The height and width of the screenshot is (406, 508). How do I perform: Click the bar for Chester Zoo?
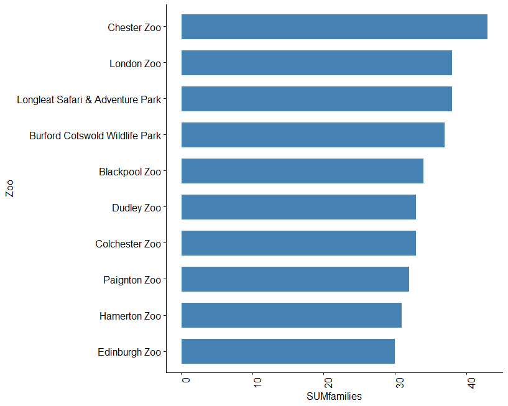(x=334, y=27)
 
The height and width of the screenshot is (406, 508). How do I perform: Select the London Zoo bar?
(x=316, y=63)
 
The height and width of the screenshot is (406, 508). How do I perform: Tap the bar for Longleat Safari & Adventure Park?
(x=316, y=99)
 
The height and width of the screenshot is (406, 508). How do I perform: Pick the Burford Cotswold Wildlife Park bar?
(x=313, y=135)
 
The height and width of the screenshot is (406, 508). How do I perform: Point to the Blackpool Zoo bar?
(x=302, y=171)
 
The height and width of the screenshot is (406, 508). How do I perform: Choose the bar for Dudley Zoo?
(x=298, y=207)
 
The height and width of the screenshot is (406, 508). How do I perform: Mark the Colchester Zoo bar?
(x=298, y=243)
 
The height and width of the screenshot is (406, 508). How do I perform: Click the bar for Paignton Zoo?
(x=295, y=279)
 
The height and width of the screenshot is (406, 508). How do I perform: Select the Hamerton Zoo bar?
(x=291, y=315)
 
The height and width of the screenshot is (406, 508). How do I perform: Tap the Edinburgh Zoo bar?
(x=288, y=351)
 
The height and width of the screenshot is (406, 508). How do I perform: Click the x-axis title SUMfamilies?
(x=334, y=396)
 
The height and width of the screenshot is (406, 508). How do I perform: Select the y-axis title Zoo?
(x=9, y=188)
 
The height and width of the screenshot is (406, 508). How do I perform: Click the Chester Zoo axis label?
(x=134, y=27)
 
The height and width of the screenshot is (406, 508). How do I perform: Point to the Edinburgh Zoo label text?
(x=129, y=352)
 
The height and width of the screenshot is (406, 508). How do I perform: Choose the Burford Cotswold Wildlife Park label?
(x=95, y=136)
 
